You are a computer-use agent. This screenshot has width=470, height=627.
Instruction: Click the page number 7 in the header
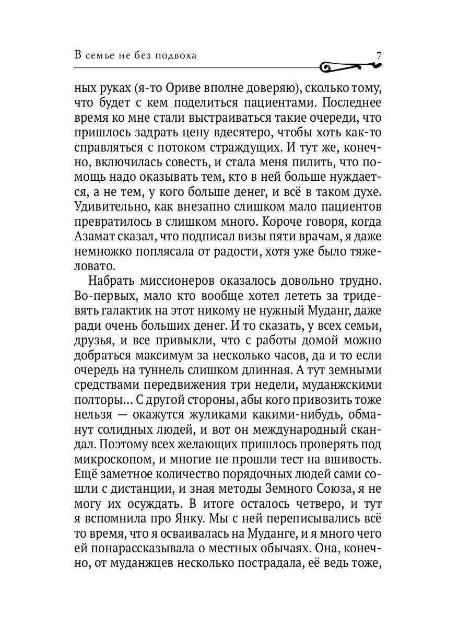coord(380,55)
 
